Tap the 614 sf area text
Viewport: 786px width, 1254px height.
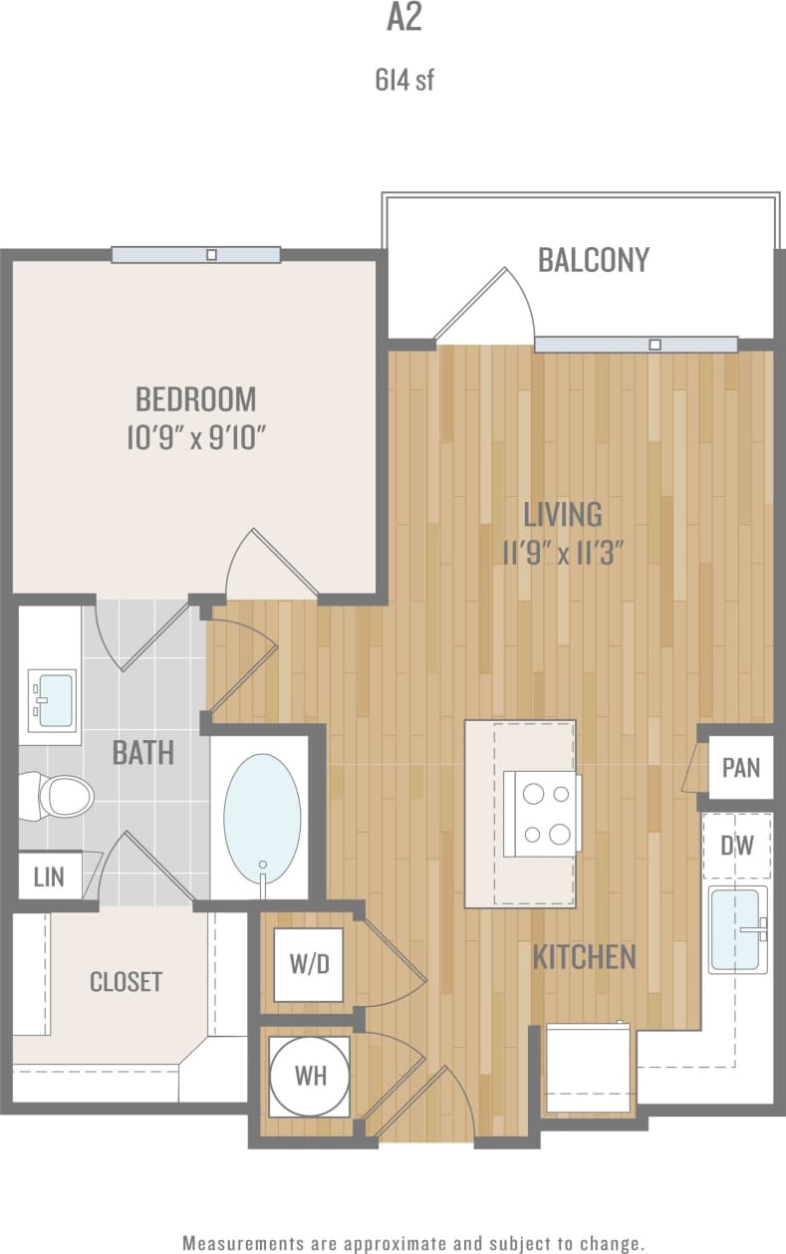[x=404, y=81]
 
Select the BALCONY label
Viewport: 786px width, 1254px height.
[x=593, y=260]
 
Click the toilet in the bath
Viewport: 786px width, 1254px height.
[x=62, y=796]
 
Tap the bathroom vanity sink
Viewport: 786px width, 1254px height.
[x=52, y=700]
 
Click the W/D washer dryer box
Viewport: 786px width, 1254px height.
[x=309, y=964]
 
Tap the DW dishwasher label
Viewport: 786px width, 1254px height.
[x=736, y=846]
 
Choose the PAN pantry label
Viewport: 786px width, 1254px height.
[x=740, y=768]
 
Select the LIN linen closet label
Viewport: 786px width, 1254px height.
[x=49, y=877]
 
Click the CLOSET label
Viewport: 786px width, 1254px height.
[x=126, y=981]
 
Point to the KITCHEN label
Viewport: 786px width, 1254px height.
[x=584, y=958]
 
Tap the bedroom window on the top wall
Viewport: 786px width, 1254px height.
[x=195, y=255]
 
